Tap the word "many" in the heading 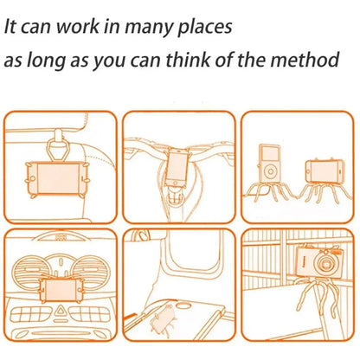[148, 29]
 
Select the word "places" [204, 28]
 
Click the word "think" [189, 60]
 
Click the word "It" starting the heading [10, 27]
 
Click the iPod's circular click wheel [271, 172]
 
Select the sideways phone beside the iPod [325, 170]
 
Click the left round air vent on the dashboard [28, 271]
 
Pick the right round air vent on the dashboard [89, 270]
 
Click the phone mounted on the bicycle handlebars [177, 167]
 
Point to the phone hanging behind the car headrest [57, 178]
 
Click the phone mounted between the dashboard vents [60, 290]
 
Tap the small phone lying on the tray [163, 318]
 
